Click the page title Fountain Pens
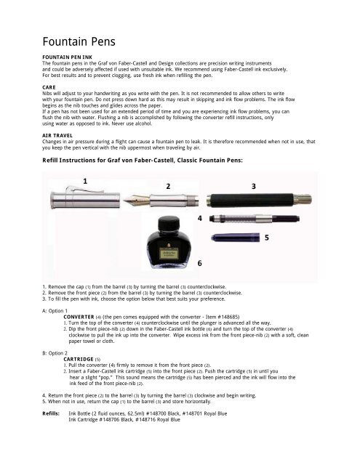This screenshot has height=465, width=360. [79, 41]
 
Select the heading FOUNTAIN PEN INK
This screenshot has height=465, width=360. [68, 57]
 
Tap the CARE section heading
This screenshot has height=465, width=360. [49, 87]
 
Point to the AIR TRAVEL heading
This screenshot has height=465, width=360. [57, 136]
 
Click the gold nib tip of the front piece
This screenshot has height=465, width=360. [124, 201]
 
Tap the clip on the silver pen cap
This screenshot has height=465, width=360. [84, 189]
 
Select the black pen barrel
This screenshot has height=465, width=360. [259, 201]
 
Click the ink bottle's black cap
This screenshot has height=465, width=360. [169, 223]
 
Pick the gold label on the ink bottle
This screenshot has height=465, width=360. [168, 254]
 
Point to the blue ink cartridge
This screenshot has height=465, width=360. [236, 238]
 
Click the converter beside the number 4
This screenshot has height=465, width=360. [255, 219]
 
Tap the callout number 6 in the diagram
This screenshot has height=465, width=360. [200, 263]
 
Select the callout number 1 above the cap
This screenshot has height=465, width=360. [85, 181]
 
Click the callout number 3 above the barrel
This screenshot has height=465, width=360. [253, 186]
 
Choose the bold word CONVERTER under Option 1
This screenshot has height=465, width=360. [79, 317]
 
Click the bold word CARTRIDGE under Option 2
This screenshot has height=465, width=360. [79, 359]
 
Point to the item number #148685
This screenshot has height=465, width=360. [228, 317]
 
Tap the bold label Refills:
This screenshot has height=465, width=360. [51, 413]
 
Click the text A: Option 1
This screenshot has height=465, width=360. [55, 311]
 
